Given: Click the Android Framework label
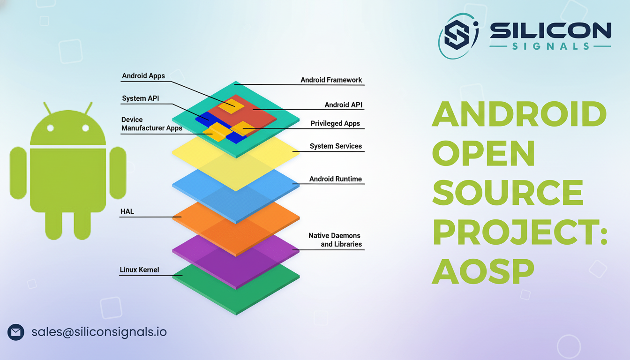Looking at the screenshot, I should (x=331, y=80).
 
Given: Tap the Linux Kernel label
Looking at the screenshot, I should (x=139, y=270).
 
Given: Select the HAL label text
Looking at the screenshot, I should (x=127, y=211).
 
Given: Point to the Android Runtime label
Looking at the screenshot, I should (x=335, y=179).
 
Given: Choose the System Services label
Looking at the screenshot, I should (x=336, y=146).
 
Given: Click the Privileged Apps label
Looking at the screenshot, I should (x=335, y=124).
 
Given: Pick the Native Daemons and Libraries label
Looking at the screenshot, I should (x=335, y=240).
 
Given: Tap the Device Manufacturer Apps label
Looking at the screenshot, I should (x=151, y=124).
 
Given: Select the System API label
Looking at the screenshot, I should (x=140, y=98).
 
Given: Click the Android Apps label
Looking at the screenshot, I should (x=143, y=76).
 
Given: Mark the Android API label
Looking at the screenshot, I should (x=343, y=105).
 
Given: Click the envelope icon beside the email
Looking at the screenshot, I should (x=16, y=332).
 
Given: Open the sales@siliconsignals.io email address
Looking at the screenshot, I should (x=99, y=332).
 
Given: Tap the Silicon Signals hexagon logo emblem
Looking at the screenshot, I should (x=458, y=35).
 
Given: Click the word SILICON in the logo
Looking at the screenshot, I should (x=550, y=31).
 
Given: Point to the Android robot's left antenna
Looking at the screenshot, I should (x=47, y=108).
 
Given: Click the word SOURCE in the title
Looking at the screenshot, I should (x=507, y=193).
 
